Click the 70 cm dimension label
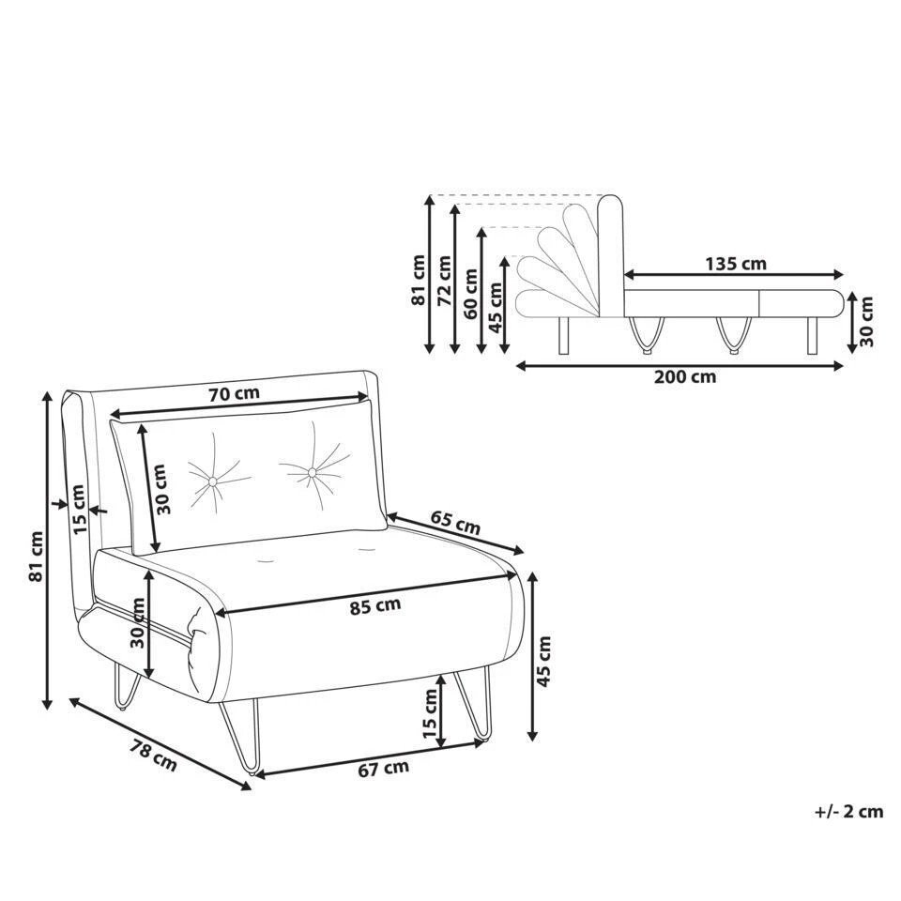coord(234,394)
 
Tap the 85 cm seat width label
coord(375,605)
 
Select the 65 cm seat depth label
coord(455,523)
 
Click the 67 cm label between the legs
coord(383,769)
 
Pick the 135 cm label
coord(736,264)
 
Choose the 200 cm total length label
coord(685,377)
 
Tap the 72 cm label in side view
coord(444,280)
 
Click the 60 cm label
coord(470,294)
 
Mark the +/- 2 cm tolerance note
coord(848,811)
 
